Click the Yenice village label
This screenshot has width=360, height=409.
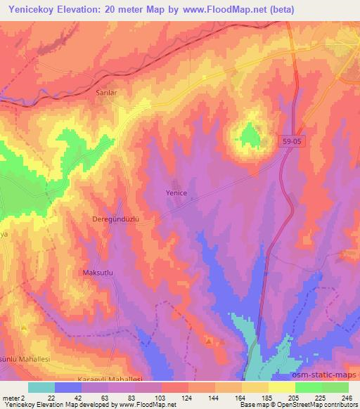click(x=176, y=193)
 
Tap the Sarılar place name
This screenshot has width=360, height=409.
click(x=106, y=92)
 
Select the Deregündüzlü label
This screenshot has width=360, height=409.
click(x=118, y=219)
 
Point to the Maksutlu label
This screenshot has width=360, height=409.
click(x=98, y=272)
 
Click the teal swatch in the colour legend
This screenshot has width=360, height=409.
click(x=41, y=387)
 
